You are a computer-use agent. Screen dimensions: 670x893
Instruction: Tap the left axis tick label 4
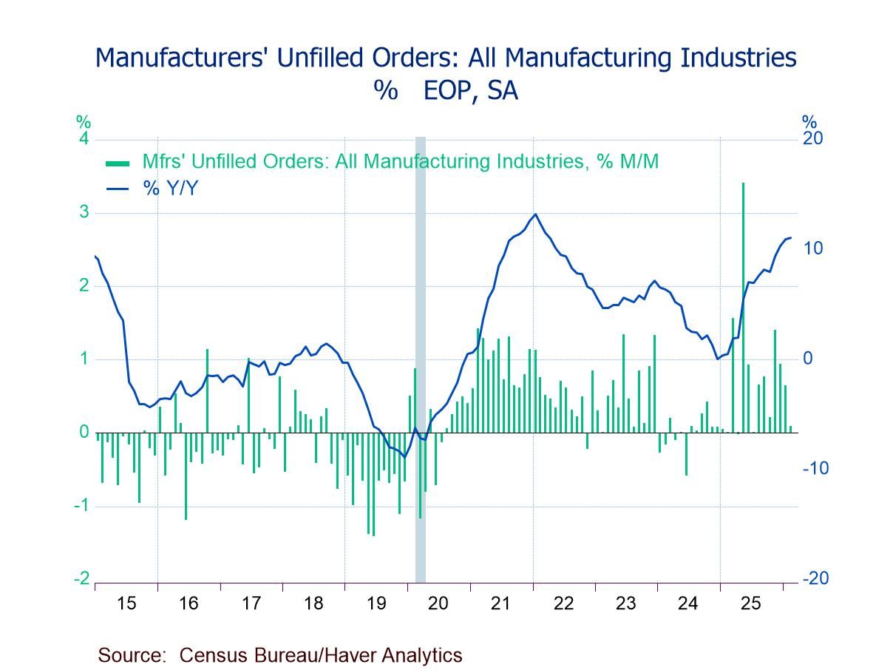[x=84, y=139]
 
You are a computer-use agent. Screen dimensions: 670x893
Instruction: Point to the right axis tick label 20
[x=813, y=139]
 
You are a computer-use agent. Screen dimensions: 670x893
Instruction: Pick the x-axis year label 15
[x=126, y=603]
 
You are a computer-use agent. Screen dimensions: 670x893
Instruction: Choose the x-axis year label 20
[x=438, y=603]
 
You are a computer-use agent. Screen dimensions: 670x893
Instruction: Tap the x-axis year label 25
[x=751, y=603]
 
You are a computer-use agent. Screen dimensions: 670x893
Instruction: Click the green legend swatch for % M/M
[x=118, y=163]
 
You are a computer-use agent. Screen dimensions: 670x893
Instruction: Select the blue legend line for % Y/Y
[x=118, y=189]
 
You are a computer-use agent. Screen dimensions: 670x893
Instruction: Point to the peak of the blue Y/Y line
[x=534, y=214]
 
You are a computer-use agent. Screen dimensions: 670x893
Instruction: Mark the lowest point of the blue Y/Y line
[x=404, y=457]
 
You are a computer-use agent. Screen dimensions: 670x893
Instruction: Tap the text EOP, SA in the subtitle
[x=470, y=90]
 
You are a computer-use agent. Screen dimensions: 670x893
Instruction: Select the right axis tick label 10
[x=813, y=248]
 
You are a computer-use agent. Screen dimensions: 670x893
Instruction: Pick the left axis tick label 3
[x=84, y=213]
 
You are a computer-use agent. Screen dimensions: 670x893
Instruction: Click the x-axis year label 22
[x=563, y=603]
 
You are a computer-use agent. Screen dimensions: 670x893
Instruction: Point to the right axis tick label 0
[x=807, y=359]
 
